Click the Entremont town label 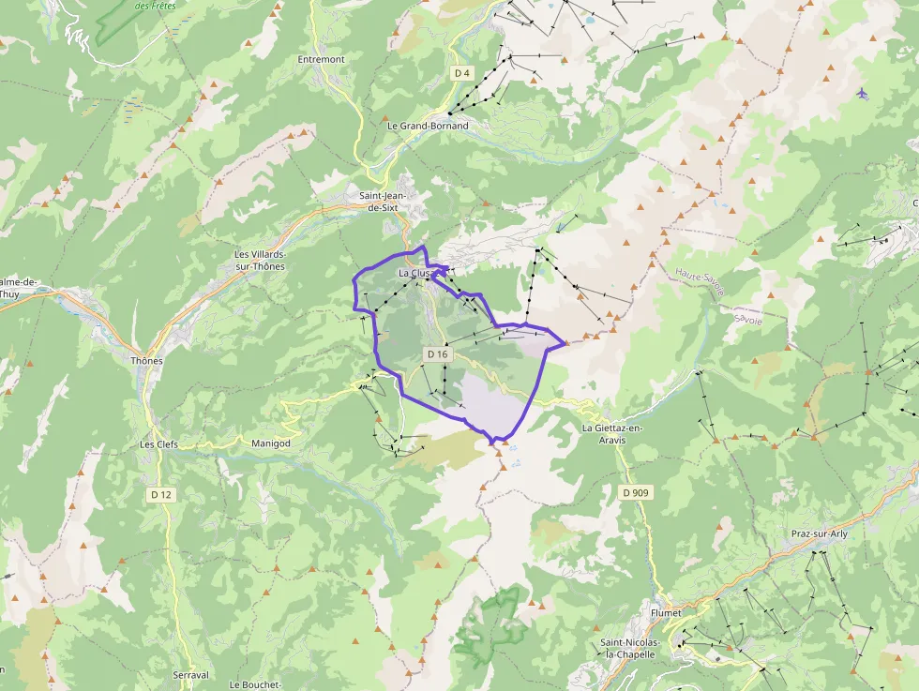point(321,59)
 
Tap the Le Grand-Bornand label point(428,126)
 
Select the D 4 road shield point(460,72)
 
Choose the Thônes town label point(147,361)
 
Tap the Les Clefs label point(158,444)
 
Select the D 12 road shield point(160,493)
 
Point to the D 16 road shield point(438,354)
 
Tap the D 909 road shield point(635,492)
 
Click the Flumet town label point(666,613)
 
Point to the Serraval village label point(190,675)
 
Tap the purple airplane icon point(862,93)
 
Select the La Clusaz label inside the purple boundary point(415,273)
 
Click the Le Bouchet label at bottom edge point(254,684)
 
